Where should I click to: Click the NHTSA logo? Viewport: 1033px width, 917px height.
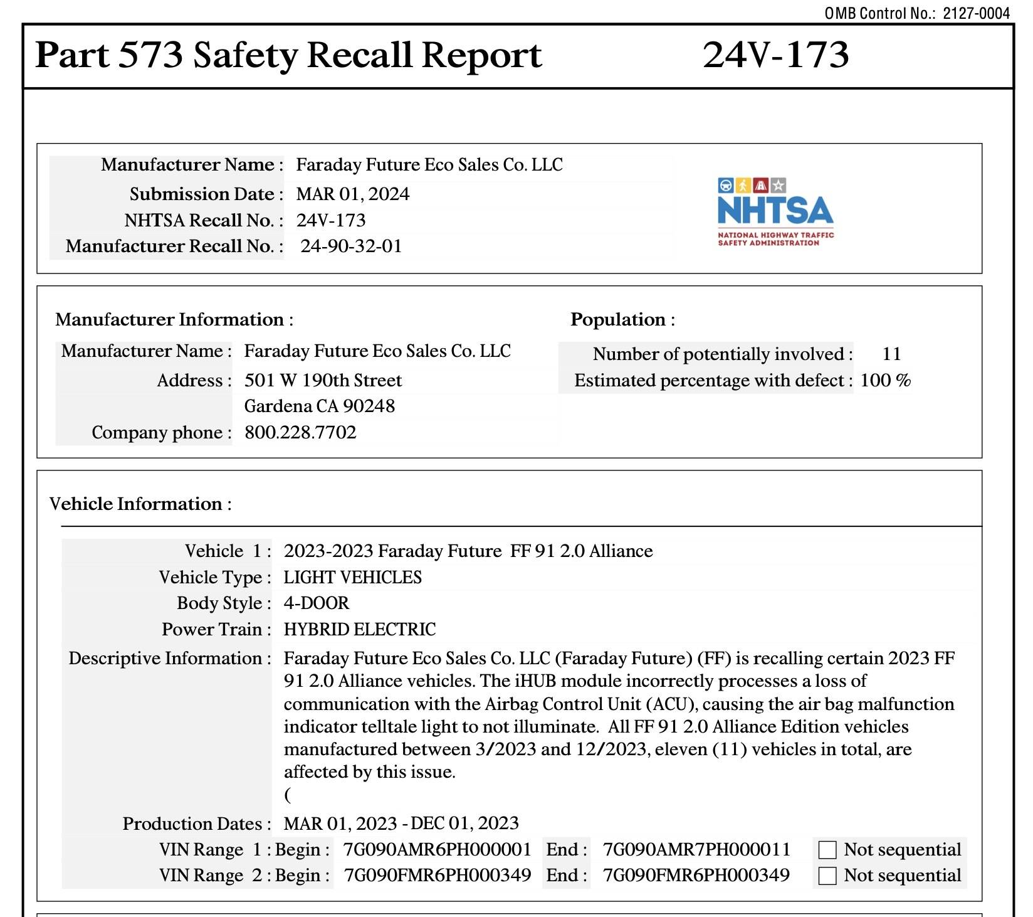coord(775,211)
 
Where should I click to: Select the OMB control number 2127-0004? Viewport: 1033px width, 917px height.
coord(976,13)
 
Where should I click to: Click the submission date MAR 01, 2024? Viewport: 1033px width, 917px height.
coord(352,194)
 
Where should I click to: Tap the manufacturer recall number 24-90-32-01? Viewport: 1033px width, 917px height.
coord(351,246)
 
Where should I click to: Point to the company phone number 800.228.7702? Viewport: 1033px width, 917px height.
coord(300,432)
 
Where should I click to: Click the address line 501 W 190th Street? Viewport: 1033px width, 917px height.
coord(323,380)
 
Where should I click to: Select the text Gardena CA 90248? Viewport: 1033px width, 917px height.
coord(319,406)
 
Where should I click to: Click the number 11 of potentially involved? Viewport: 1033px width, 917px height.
coord(891,354)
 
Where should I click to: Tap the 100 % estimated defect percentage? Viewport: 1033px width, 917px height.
coord(885,380)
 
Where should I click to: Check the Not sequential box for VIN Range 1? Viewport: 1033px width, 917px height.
coord(827,850)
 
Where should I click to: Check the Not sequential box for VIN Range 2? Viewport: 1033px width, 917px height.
coord(827,876)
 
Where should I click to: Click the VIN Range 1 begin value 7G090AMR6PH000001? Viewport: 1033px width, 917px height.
coord(437,849)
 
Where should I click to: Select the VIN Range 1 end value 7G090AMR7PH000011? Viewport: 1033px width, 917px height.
coord(696,849)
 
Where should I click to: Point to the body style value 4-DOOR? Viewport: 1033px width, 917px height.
coord(317,603)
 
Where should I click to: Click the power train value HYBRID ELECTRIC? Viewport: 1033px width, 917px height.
coord(360,629)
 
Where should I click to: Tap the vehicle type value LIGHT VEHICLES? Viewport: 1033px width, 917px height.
coord(352,577)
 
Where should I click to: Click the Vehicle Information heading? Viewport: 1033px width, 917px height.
coord(140,504)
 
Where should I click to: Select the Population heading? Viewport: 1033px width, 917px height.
coord(622,319)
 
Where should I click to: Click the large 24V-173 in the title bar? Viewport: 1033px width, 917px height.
coord(775,55)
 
